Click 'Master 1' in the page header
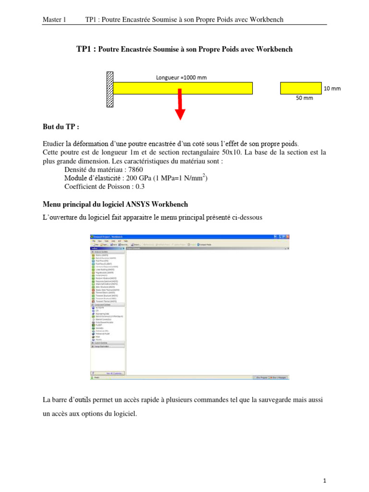coord(54,20)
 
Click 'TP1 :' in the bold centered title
coord(86,49)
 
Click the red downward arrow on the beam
coord(180,106)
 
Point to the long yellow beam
coord(216,88)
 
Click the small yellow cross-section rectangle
coord(301,88)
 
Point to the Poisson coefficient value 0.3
coord(139,187)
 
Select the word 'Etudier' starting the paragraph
coord(53,144)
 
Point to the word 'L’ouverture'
coord(60,218)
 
